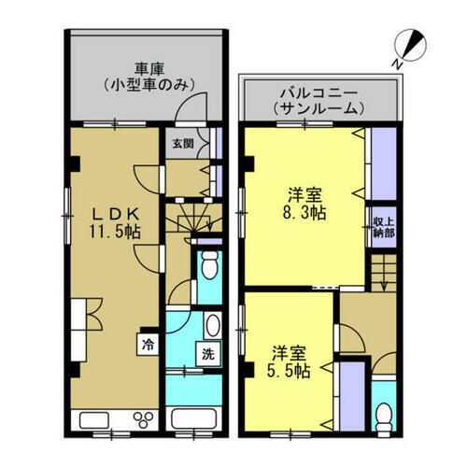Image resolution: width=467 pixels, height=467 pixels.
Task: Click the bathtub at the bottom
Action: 198,416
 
